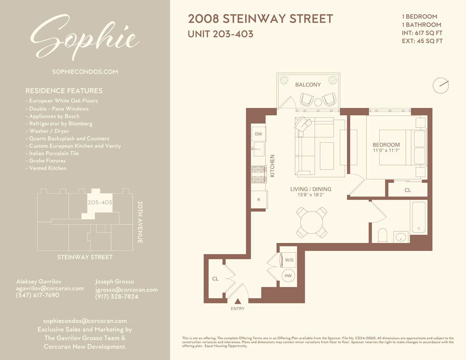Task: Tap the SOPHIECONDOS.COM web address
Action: tap(85, 72)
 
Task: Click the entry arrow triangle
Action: tap(238, 301)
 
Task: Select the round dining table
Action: tap(312, 222)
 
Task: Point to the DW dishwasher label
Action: tap(258, 134)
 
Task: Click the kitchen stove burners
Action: tap(259, 174)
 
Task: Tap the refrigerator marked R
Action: tap(259, 199)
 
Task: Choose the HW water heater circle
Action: tap(288, 276)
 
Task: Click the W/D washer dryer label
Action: tap(289, 260)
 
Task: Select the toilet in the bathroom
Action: tap(382, 236)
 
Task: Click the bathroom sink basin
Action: tap(400, 237)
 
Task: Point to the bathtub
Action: tap(419, 217)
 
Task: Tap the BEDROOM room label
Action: tap(386, 145)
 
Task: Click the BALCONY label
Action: tap(308, 85)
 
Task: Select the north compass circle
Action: tap(441, 86)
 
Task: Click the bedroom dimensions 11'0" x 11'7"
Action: tap(386, 151)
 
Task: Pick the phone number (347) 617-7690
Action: tap(37, 295)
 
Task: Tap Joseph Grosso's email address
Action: tap(127, 290)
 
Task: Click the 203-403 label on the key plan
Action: tap(100, 202)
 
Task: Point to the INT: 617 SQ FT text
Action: tap(422, 33)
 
